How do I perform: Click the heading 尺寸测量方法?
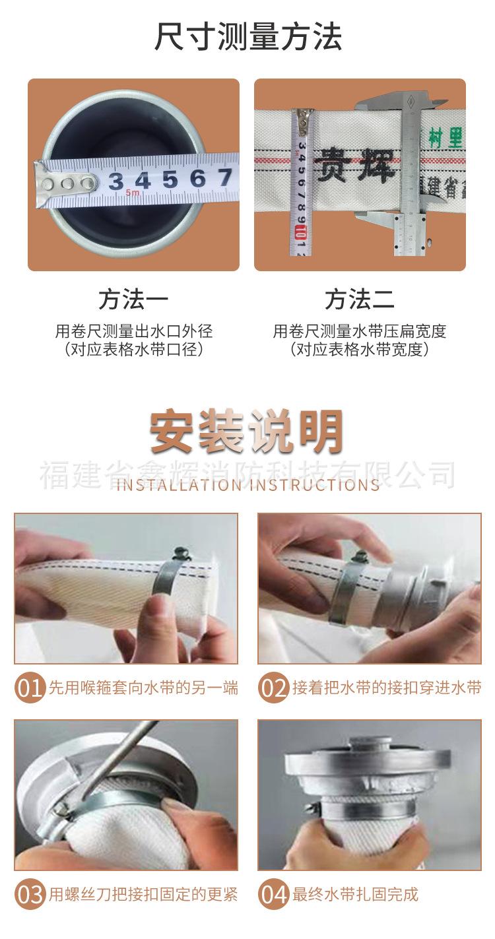[x=247, y=36]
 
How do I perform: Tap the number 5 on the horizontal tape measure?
[x=170, y=179]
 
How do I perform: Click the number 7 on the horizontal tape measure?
[x=224, y=177]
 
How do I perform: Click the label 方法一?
[x=133, y=300]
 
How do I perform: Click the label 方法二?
[x=360, y=300]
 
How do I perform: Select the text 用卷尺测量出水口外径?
[x=133, y=331]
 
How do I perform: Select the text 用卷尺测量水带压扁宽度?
[x=360, y=331]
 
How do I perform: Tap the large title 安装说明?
[x=247, y=433]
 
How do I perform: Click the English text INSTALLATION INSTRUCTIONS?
[x=247, y=485]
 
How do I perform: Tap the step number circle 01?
[x=30, y=688]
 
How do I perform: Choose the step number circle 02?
[x=273, y=688]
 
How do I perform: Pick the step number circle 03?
[x=30, y=895]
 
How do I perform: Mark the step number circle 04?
[x=273, y=895]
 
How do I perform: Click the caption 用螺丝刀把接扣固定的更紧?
[x=143, y=895]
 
